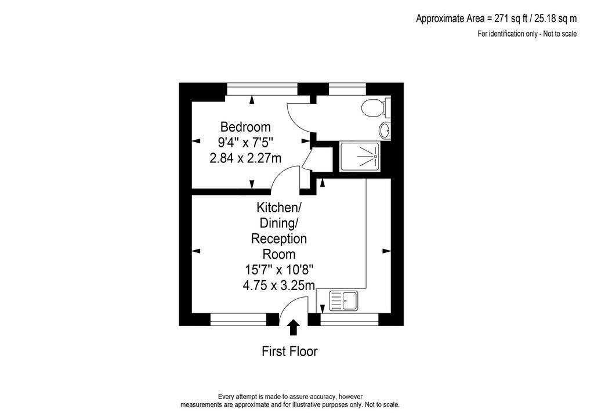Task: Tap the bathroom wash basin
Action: pyautogui.click(x=385, y=131)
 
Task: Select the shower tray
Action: pyautogui.click(x=360, y=157)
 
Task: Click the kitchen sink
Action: pyautogui.click(x=343, y=300)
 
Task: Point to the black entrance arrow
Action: pyautogui.click(x=293, y=328)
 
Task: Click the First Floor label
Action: pyautogui.click(x=289, y=352)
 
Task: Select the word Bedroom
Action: pyautogui.click(x=245, y=126)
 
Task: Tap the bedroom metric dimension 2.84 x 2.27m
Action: pyautogui.click(x=245, y=158)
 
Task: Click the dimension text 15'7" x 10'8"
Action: pyautogui.click(x=279, y=270)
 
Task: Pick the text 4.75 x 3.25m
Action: pyautogui.click(x=279, y=285)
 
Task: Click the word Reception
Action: pyautogui.click(x=279, y=238)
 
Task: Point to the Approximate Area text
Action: pyautogui.click(x=497, y=18)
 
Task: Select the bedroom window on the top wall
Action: pyautogui.click(x=262, y=89)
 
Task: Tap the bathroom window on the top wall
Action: pyautogui.click(x=347, y=89)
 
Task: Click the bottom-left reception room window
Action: pyautogui.click(x=238, y=319)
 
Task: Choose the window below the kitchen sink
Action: pyautogui.click(x=349, y=319)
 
